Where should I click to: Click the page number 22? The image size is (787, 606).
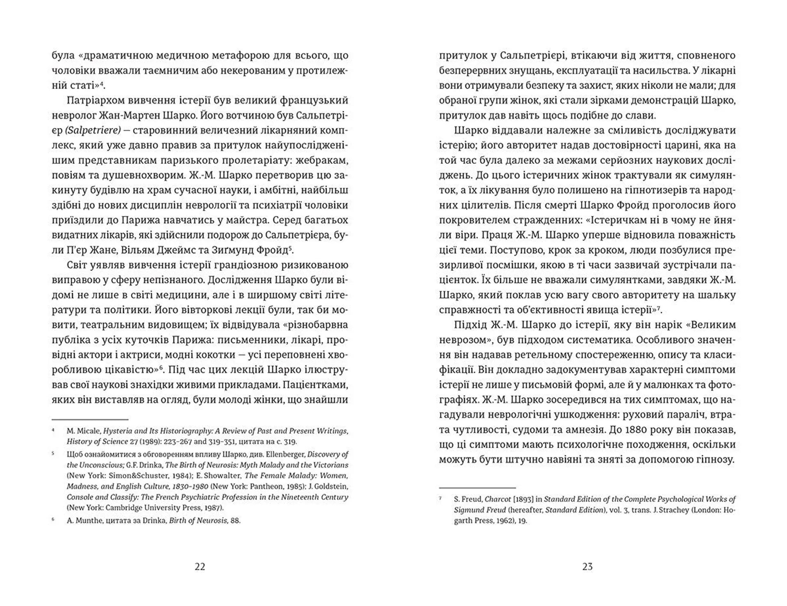click(x=200, y=567)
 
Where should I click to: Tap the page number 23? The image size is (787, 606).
click(x=587, y=567)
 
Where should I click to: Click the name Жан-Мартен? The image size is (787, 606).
click(x=127, y=115)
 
